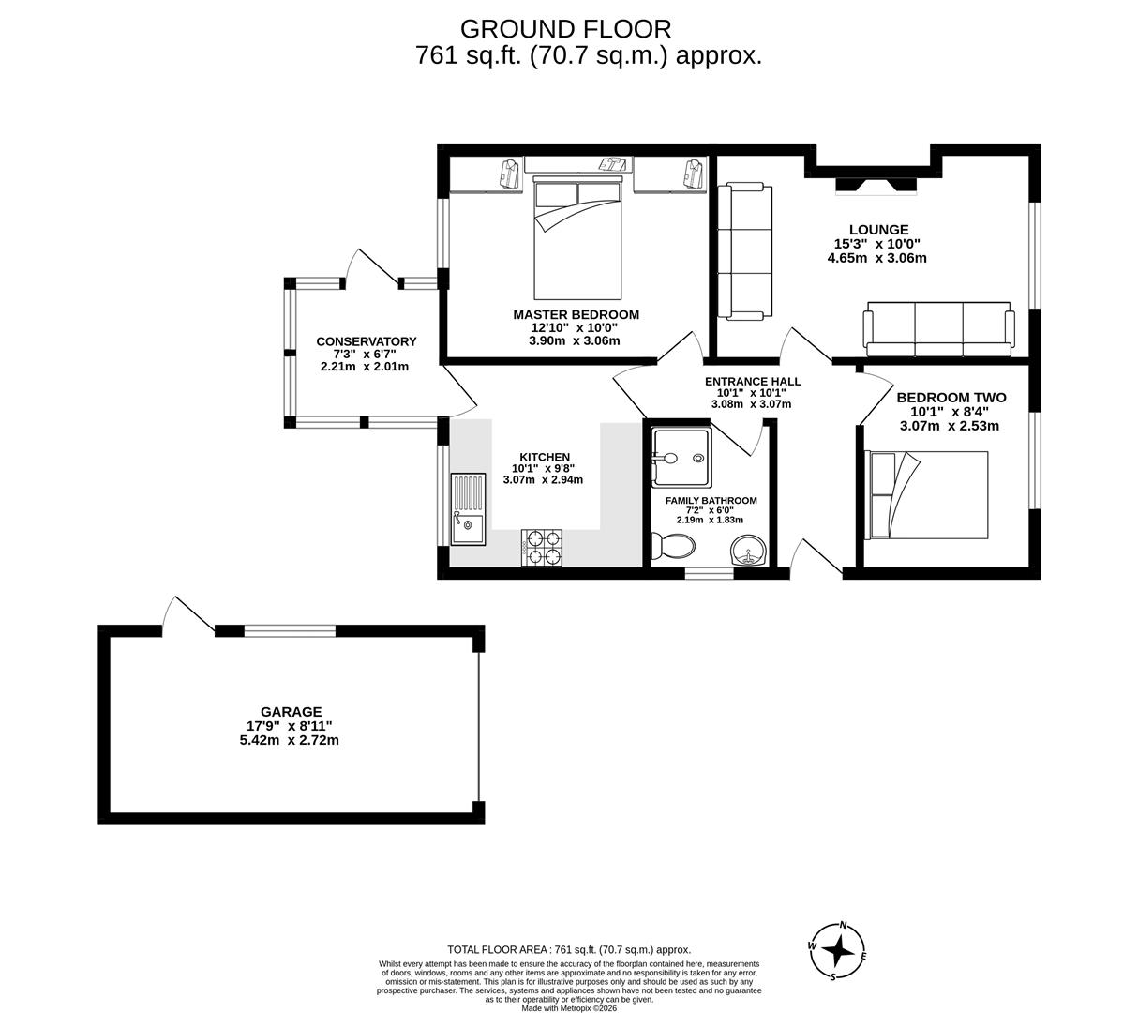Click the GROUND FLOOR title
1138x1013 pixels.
pyautogui.click(x=565, y=29)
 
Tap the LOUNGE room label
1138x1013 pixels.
pyautogui.click(x=878, y=230)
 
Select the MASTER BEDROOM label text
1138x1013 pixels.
pyautogui.click(x=576, y=315)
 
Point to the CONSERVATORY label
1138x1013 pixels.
pyautogui.click(x=366, y=341)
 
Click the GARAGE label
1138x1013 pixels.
pyautogui.click(x=291, y=712)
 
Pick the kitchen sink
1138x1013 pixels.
pyautogui.click(x=467, y=509)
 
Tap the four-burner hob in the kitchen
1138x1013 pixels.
pyautogui.click(x=542, y=548)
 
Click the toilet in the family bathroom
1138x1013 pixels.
pyautogui.click(x=673, y=546)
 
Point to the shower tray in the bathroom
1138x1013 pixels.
pyautogui.click(x=681, y=458)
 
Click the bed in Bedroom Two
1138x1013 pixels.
pyautogui.click(x=927, y=495)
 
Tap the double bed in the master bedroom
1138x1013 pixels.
pyautogui.click(x=577, y=240)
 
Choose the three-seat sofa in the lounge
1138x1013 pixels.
pyautogui.click(x=938, y=329)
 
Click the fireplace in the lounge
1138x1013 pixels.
pyautogui.click(x=876, y=186)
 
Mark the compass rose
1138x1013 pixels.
pyautogui.click(x=837, y=951)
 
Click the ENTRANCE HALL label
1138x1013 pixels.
pyautogui.click(x=753, y=382)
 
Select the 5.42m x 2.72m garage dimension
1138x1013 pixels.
pyautogui.click(x=289, y=740)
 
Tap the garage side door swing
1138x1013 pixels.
pyautogui.click(x=187, y=614)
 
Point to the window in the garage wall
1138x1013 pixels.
pyautogui.click(x=290, y=631)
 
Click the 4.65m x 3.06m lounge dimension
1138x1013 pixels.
pyautogui.click(x=876, y=258)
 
